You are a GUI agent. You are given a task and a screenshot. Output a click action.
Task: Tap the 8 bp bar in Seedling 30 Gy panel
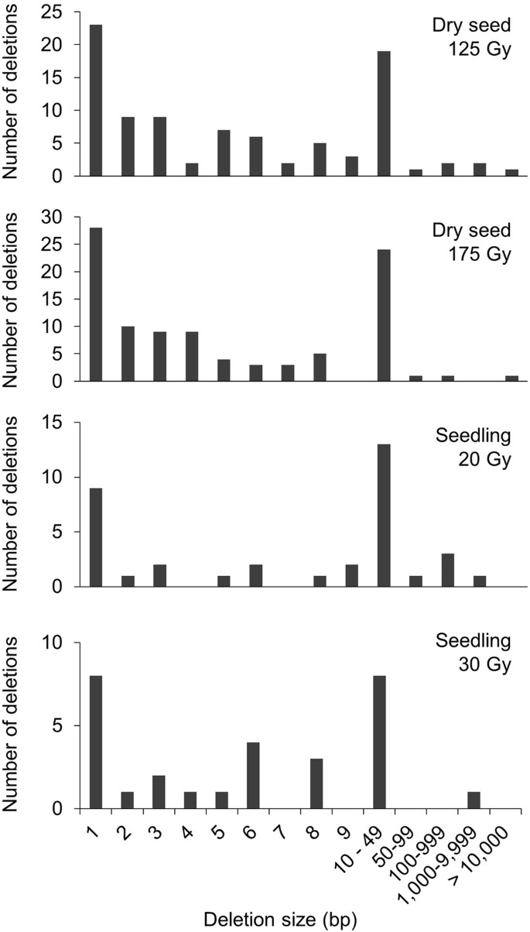pyautogui.click(x=319, y=784)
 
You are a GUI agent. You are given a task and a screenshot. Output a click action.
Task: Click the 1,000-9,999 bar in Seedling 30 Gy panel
pyautogui.click(x=479, y=800)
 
